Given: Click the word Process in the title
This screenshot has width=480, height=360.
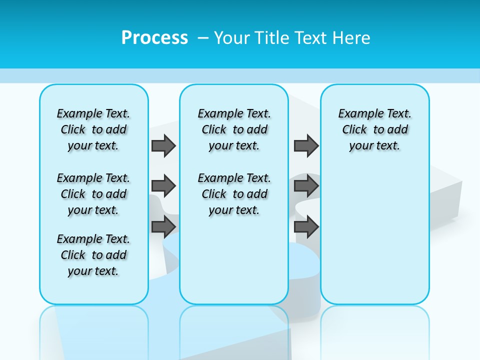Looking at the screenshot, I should point(154,38).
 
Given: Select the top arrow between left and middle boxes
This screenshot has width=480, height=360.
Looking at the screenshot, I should point(163,145).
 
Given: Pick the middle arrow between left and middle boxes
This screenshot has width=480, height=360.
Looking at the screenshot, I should point(163,186).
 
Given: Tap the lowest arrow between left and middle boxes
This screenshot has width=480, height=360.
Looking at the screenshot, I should point(163,226).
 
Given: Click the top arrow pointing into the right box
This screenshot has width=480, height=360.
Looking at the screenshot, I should point(306,145).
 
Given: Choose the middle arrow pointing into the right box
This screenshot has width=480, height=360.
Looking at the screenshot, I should point(306,186).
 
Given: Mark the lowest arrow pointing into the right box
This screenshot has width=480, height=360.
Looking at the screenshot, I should point(306,226).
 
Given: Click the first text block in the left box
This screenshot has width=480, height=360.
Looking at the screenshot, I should point(93,129).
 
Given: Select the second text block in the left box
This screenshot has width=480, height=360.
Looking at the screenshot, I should point(93,194).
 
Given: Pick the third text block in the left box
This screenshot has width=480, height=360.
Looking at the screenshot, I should point(93,255).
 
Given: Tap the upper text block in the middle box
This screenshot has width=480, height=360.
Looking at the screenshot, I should point(234,129).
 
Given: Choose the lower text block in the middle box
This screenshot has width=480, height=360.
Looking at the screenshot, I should point(234,194).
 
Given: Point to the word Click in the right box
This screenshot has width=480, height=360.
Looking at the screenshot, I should point(354,130).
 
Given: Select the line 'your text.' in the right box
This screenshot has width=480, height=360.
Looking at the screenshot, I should point(374,146).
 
